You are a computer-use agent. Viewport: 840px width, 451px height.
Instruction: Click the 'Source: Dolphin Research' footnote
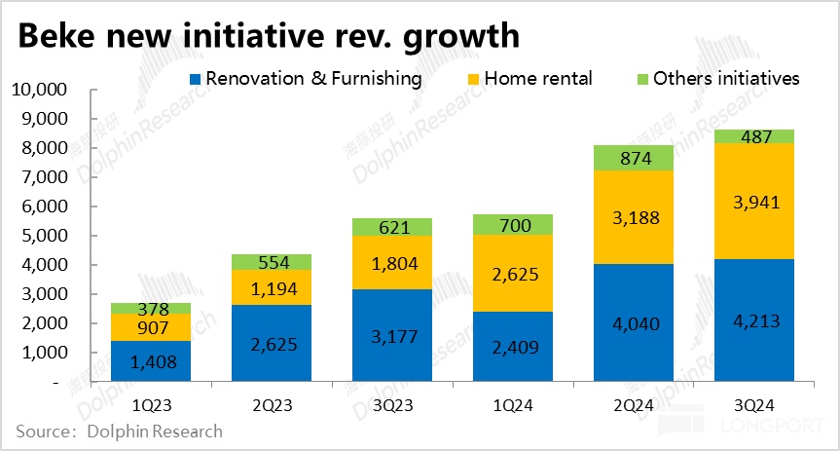point(119,431)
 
